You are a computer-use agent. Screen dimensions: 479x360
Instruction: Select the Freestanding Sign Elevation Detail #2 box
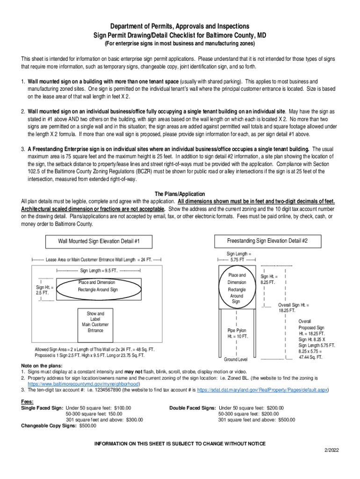point(267,241)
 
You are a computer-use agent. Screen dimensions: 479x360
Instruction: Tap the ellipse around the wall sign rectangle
point(98,290)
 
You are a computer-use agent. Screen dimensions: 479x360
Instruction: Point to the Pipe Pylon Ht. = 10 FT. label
point(238,333)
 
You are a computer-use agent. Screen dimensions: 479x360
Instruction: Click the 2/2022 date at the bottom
point(331,450)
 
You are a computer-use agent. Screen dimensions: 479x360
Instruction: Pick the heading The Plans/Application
point(180,194)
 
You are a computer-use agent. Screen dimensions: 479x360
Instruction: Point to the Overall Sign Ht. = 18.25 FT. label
point(294,307)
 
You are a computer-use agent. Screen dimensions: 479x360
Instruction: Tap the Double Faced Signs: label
point(193,407)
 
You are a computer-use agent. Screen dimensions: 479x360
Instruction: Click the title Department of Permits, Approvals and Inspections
point(180,26)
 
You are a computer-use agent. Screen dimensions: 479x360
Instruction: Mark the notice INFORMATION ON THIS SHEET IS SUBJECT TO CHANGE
point(180,443)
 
